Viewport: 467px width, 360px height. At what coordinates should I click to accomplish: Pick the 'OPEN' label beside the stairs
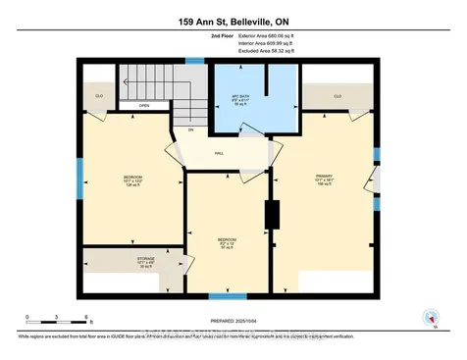144,106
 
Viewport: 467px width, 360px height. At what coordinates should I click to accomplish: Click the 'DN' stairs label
191,130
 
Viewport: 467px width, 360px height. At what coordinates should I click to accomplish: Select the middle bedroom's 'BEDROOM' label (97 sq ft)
227,238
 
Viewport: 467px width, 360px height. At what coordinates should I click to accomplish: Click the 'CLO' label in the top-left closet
99,96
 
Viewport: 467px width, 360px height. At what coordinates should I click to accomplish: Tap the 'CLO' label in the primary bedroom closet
337,96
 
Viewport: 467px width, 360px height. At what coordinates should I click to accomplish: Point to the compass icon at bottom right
429,317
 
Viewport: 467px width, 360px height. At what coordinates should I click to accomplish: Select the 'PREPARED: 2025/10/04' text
235,321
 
